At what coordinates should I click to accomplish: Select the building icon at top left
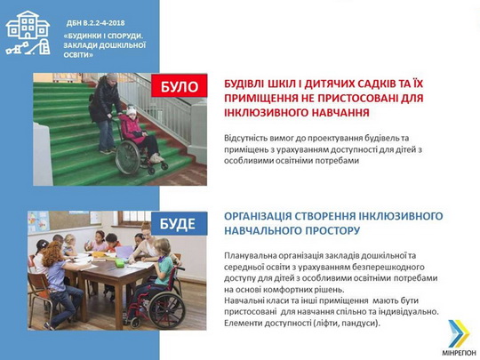(x=28, y=32)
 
